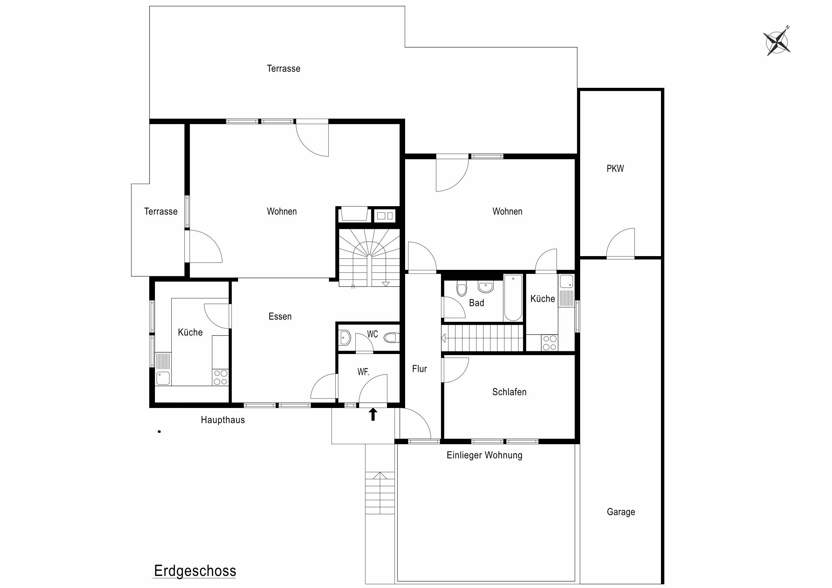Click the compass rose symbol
tap(777, 42)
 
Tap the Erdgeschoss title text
tap(195, 571)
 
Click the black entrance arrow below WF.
tap(373, 414)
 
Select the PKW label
tap(615, 169)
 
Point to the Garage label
tap(621, 512)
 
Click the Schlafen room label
tap(509, 392)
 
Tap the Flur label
tap(420, 369)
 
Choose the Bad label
tap(477, 303)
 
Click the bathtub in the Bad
tap(513, 298)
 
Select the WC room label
tap(373, 334)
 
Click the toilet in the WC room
tap(391, 338)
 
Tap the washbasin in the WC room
tap(345, 338)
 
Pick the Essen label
tap(280, 316)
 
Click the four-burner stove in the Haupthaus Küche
tap(220, 377)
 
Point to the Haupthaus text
tap(223, 420)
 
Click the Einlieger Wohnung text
tap(485, 455)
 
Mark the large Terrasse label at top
tap(283, 68)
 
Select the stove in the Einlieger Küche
tap(550, 343)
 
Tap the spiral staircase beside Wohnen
tap(369, 257)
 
